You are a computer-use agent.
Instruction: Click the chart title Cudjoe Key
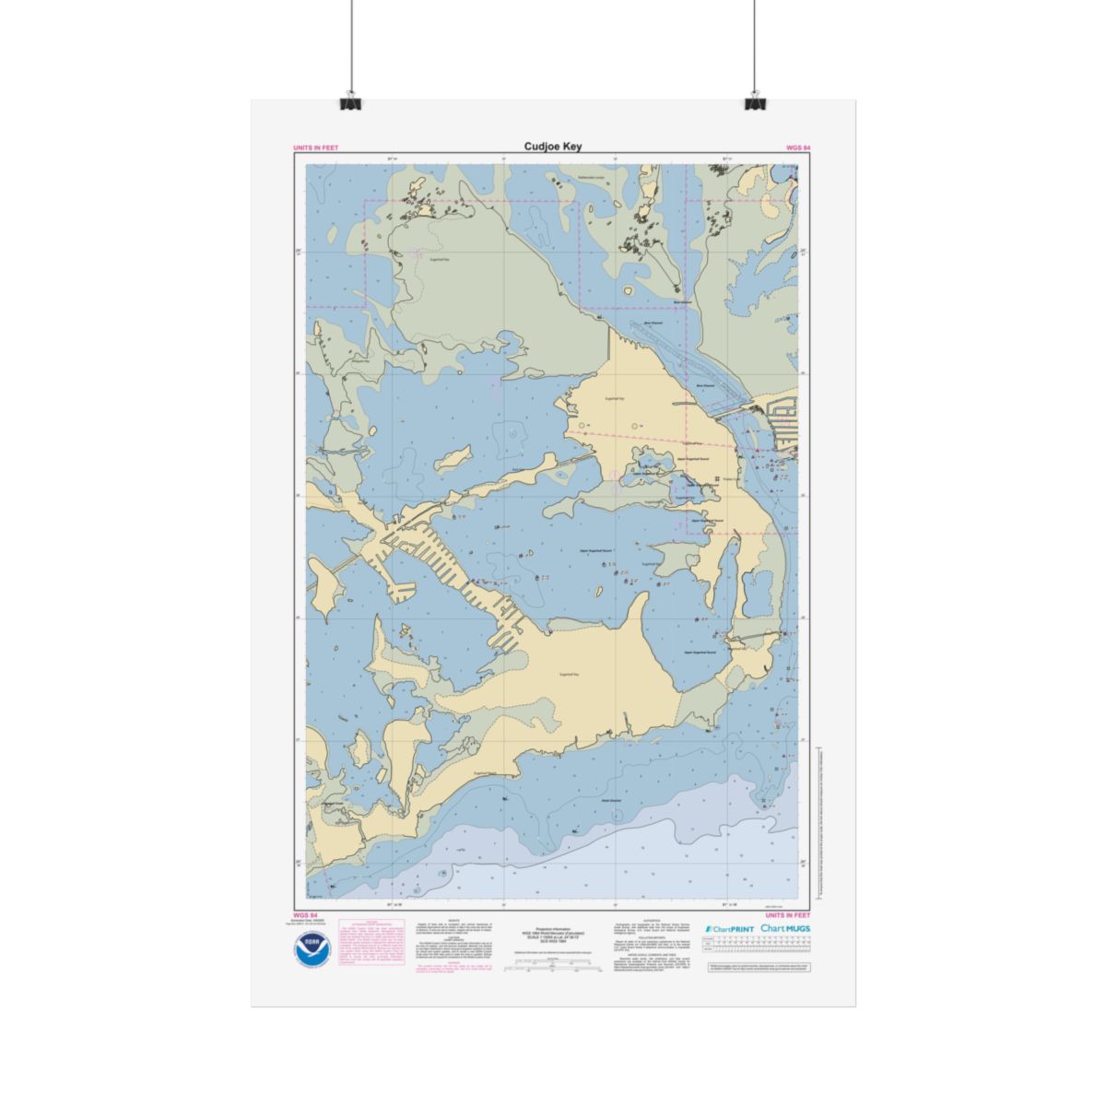click(553, 147)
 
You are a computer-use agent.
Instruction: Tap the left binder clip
click(351, 101)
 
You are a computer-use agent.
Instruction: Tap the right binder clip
click(755, 101)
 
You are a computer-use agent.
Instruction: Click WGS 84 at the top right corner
click(798, 147)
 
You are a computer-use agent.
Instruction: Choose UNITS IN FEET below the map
click(788, 914)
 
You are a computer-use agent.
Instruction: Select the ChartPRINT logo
click(729, 929)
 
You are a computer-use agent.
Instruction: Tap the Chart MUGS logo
click(786, 928)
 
